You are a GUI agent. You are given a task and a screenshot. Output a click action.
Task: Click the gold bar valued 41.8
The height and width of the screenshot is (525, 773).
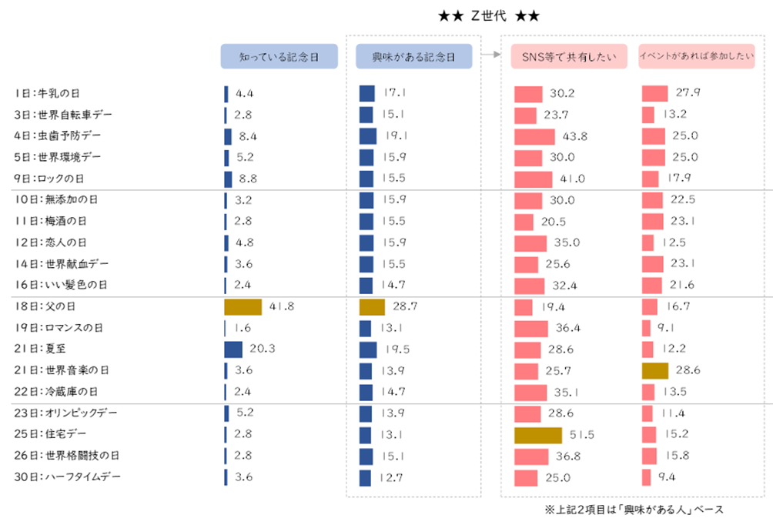243,306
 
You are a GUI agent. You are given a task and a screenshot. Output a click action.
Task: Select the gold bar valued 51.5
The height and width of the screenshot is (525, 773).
537,435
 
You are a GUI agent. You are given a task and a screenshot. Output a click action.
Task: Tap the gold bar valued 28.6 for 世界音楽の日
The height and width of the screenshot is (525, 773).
654,370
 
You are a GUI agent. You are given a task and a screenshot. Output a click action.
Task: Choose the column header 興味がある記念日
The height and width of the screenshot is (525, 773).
413,57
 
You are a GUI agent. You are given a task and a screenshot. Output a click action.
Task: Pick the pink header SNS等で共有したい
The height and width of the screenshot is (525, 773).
569,57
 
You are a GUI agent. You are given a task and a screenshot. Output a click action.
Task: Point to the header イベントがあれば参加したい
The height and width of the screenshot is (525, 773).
696,57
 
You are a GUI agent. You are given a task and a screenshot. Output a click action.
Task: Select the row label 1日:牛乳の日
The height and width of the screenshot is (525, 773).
47,93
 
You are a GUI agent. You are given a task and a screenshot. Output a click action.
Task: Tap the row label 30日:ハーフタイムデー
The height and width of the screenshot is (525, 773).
67,477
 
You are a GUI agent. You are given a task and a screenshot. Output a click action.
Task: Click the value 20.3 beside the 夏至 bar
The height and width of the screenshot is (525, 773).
263,349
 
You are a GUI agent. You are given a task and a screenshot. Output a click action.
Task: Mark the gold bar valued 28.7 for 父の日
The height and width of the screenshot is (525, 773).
372,306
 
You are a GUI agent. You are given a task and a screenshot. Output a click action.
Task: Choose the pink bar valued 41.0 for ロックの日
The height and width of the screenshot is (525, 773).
533,179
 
